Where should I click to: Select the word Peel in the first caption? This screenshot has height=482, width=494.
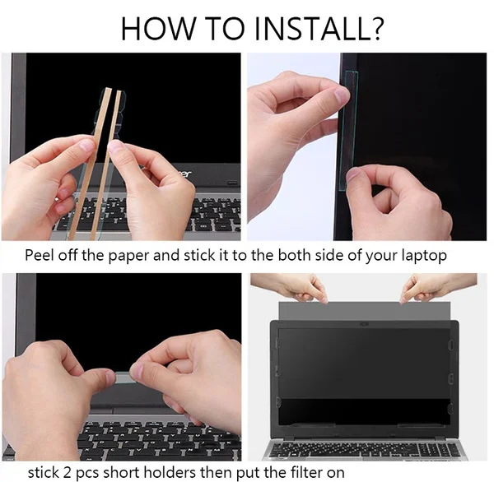(x=40, y=254)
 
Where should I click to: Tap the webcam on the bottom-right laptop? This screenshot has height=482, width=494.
(x=364, y=323)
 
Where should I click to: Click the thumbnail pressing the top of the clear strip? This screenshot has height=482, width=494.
(x=342, y=95)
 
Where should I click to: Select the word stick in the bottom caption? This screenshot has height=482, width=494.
(x=43, y=472)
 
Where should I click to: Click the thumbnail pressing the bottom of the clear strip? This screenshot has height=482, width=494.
(x=353, y=175)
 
